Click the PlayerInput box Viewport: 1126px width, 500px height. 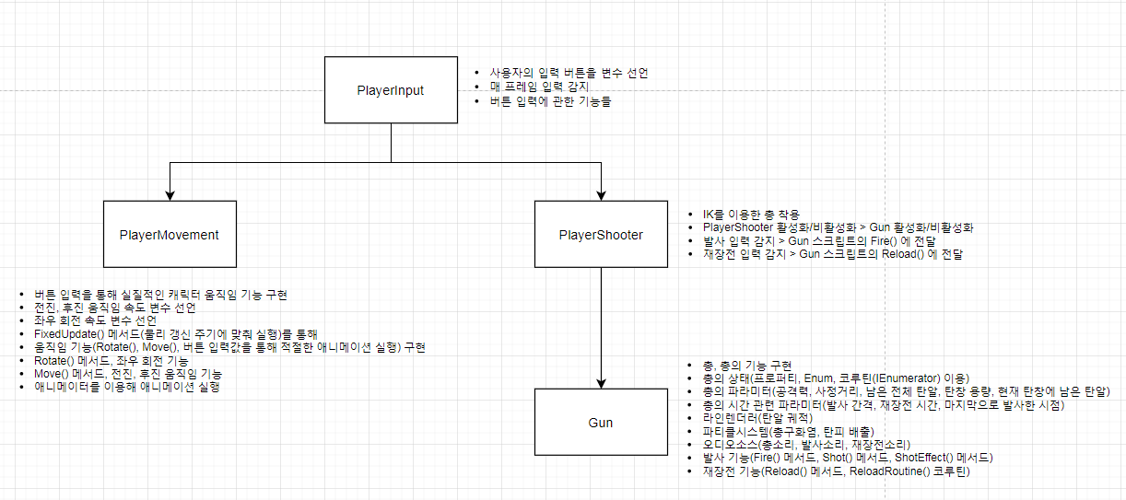[391, 90]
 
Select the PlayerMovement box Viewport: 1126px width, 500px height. [170, 234]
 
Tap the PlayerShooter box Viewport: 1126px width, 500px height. [601, 234]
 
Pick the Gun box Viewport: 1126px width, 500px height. [601, 423]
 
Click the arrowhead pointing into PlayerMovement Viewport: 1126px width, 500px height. [170, 194]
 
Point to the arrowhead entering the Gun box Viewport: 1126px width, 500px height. [601, 382]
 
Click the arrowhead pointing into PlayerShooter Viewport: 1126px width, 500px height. [601, 194]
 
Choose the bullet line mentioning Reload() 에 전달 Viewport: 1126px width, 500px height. [832, 254]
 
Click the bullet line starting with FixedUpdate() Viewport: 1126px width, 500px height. [175, 333]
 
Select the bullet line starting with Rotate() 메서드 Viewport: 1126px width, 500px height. [111, 361]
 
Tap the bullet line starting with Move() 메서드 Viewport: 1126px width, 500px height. [127, 375]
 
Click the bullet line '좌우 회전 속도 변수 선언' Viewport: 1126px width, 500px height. [95, 320]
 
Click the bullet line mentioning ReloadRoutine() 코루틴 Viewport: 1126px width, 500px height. [836, 471]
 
